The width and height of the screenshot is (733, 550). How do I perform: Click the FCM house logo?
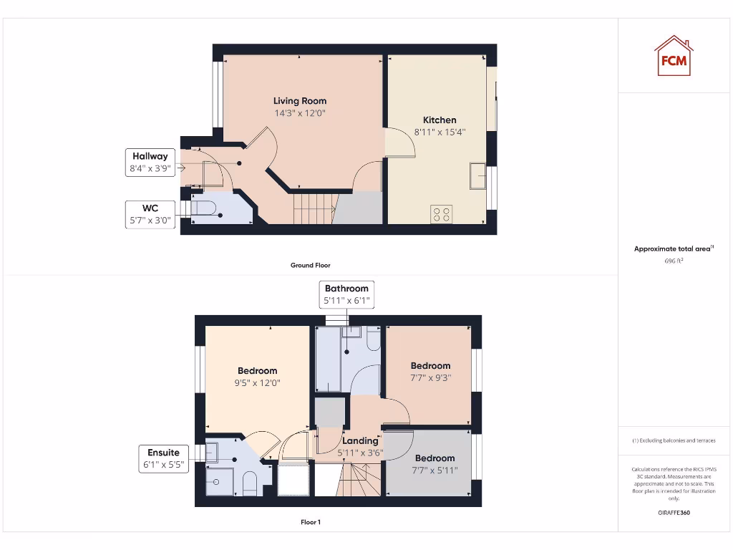(x=673, y=56)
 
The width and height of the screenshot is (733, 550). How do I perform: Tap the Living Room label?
(x=299, y=101)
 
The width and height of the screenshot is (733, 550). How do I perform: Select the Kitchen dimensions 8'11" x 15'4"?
(x=440, y=132)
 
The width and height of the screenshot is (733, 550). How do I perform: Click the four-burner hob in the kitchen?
(x=442, y=213)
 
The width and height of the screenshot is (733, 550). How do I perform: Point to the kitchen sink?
(x=478, y=175)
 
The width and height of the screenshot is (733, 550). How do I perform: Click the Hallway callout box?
(x=150, y=163)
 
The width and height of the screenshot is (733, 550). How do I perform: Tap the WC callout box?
(x=150, y=214)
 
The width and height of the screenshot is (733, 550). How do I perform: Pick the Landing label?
(x=359, y=441)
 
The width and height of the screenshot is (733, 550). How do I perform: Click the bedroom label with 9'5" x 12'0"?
(x=258, y=371)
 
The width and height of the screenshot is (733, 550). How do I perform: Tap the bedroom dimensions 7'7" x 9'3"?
(x=430, y=377)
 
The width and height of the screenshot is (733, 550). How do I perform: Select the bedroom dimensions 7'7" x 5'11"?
(x=435, y=470)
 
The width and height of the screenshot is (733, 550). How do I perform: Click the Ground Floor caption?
(x=310, y=265)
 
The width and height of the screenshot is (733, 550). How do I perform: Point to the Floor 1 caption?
(x=310, y=522)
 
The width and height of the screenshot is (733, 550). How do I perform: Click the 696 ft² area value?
(x=673, y=261)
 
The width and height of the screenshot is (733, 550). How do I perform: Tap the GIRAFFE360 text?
(x=673, y=513)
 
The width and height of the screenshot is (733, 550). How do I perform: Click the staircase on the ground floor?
(x=314, y=209)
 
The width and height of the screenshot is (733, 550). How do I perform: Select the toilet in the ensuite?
(x=250, y=483)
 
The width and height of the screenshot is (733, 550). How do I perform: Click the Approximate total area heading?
(x=673, y=249)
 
